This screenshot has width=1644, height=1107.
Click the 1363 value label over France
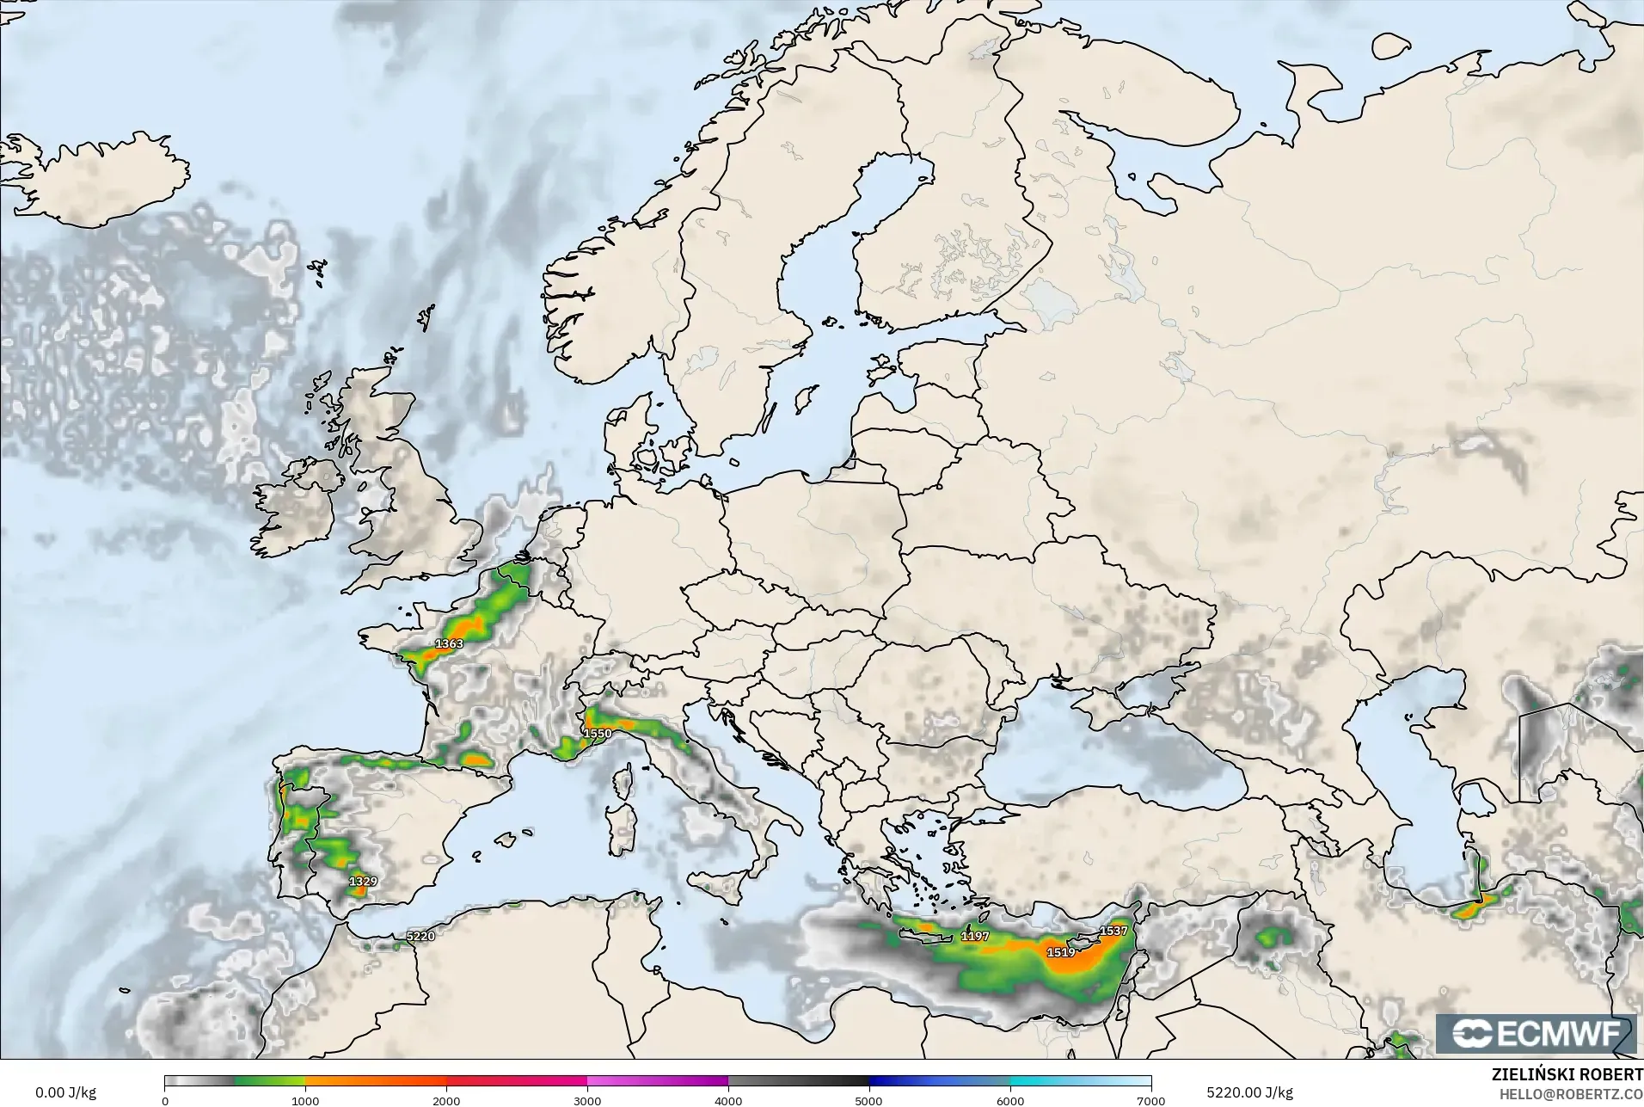449,643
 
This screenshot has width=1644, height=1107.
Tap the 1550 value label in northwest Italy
598,734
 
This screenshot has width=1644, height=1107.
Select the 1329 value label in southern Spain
363,882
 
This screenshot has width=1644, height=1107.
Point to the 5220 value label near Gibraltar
420,936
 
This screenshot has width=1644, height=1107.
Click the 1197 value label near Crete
975,936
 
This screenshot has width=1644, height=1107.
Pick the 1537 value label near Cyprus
1113,931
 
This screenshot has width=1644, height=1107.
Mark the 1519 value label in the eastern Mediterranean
1061,952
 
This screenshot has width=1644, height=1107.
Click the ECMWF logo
1536,1035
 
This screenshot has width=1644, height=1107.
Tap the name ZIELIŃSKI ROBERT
1567,1075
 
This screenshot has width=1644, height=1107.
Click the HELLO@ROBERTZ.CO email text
1571,1094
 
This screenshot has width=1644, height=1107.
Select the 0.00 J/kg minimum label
65,1092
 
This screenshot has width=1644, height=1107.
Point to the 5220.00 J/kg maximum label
1249,1092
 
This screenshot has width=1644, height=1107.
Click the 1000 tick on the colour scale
305,1101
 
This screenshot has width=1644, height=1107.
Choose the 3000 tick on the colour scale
587,1101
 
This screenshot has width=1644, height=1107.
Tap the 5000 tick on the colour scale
869,1101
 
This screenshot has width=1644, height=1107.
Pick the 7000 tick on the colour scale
1150,1101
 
